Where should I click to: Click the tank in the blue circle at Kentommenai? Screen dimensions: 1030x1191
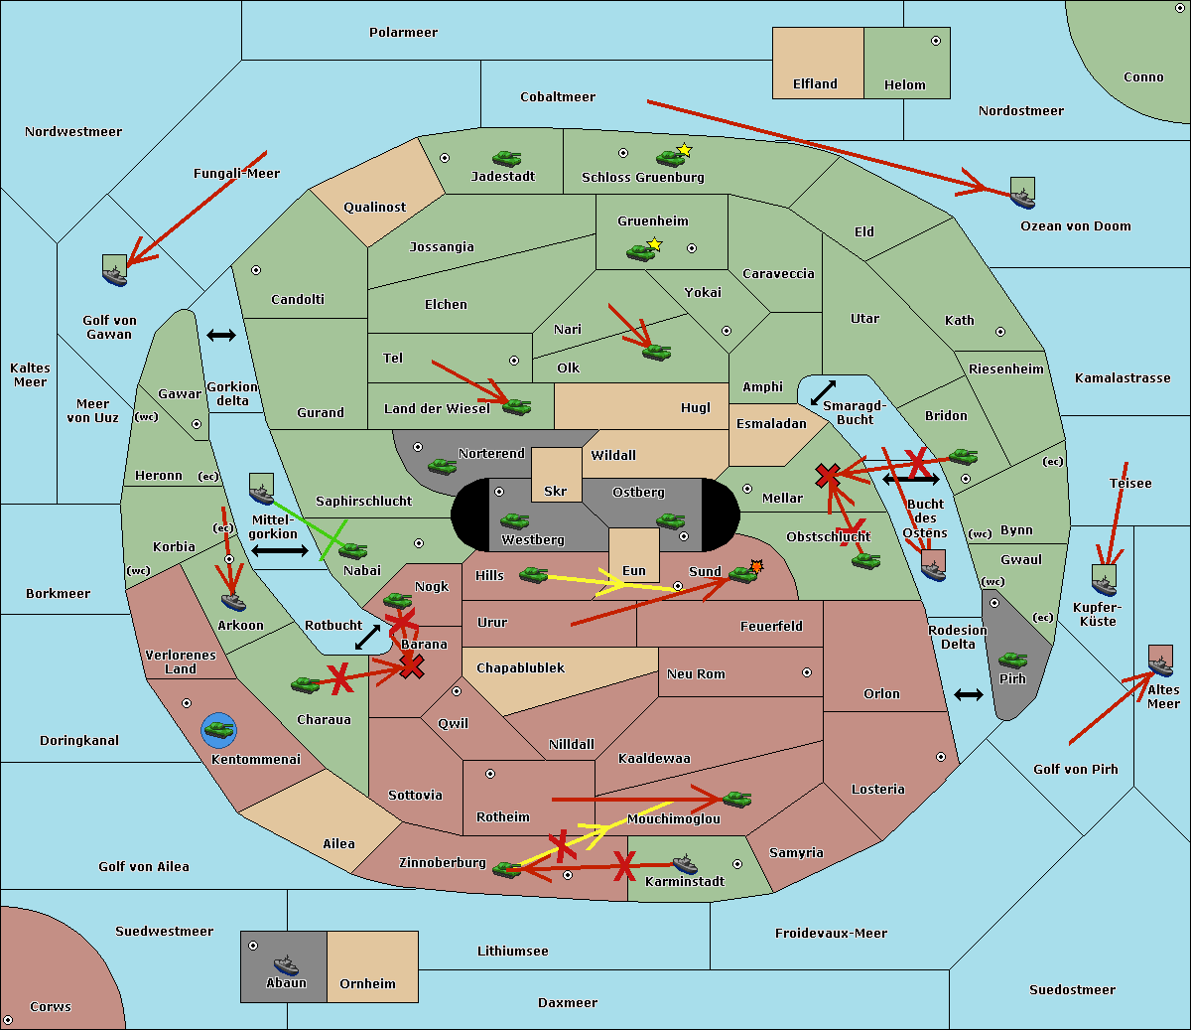click(218, 730)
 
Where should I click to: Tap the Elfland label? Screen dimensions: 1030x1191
click(815, 84)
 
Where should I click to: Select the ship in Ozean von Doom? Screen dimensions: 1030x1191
click(1022, 197)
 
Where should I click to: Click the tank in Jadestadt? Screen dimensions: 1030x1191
click(507, 158)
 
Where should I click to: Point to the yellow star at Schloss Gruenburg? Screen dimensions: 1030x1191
click(684, 150)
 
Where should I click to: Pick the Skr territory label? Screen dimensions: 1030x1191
click(556, 491)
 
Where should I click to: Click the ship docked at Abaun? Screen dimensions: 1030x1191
click(286, 964)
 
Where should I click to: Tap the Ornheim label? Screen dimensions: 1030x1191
click(367, 983)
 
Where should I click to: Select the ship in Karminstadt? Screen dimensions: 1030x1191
click(685, 863)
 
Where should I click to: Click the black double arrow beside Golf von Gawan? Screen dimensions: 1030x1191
click(220, 335)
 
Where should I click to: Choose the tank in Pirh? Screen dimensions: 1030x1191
click(1012, 661)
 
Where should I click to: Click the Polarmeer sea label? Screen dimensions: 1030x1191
click(403, 33)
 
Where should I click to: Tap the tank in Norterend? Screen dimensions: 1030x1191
click(442, 466)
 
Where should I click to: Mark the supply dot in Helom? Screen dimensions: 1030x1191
click(935, 41)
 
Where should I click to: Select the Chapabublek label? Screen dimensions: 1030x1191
click(520, 668)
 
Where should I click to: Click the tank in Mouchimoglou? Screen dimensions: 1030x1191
click(736, 799)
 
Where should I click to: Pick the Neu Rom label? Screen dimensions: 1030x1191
click(696, 674)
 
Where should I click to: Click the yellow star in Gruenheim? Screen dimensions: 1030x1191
click(654, 244)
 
